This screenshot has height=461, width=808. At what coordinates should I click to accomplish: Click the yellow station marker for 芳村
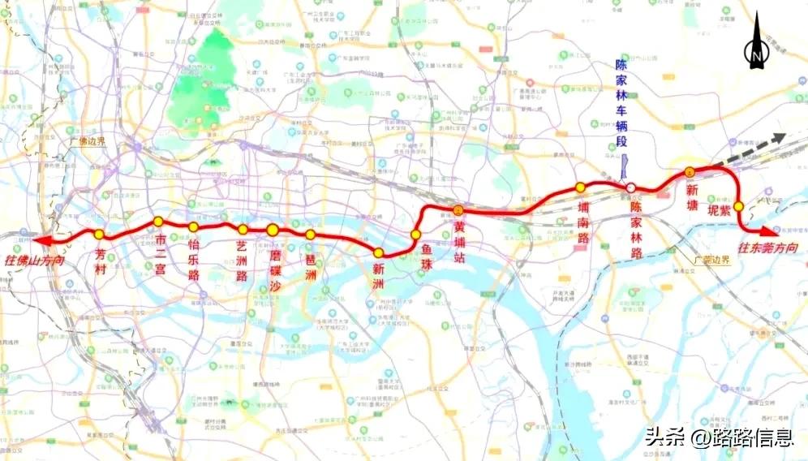99,234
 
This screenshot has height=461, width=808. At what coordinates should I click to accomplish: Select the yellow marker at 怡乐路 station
193,227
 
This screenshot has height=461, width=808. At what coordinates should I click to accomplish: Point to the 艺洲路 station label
242,252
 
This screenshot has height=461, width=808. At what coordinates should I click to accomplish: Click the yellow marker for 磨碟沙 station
273,230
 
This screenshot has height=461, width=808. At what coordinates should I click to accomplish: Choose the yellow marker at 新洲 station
378,252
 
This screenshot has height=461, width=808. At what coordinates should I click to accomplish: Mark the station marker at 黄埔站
458,209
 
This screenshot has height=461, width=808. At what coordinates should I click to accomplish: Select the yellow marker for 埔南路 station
580,187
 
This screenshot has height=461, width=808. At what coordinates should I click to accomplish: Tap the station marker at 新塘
689,171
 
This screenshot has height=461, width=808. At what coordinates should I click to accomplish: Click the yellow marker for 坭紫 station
739,206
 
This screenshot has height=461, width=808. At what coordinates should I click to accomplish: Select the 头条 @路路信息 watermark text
719,438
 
